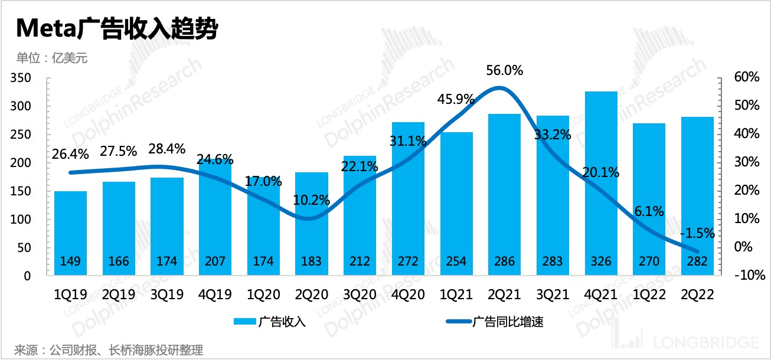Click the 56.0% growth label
[x=505, y=71]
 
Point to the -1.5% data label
[x=698, y=233]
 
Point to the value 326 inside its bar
[x=601, y=261]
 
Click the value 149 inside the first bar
[x=70, y=261]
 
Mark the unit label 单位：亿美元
[x=52, y=58]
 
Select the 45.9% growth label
[x=455, y=99]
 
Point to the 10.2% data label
[x=311, y=200]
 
